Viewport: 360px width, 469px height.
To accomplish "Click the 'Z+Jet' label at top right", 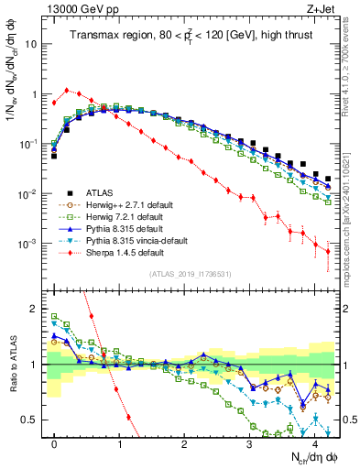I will coord(318,8).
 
